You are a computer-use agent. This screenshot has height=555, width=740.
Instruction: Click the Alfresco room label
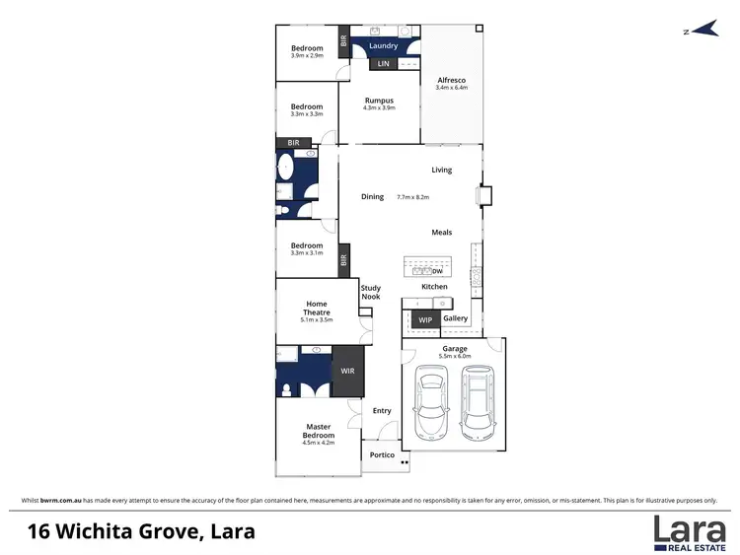[451, 79]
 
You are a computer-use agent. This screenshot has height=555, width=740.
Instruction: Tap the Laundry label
[383, 45]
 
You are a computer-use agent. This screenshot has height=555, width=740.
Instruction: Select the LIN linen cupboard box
[384, 64]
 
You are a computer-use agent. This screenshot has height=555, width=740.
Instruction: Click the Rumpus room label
[379, 100]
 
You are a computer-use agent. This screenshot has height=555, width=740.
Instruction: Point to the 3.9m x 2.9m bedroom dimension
[307, 55]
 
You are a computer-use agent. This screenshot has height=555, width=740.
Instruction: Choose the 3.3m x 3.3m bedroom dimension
[307, 114]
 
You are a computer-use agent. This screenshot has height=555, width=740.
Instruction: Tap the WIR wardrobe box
[347, 371]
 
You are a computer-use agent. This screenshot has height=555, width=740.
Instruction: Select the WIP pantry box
[425, 320]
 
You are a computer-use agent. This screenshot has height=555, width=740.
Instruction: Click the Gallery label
[455, 318]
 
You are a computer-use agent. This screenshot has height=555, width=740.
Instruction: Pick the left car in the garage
[431, 404]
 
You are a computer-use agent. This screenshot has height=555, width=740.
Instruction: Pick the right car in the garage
[478, 404]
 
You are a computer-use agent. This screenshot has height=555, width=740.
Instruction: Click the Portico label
[382, 454]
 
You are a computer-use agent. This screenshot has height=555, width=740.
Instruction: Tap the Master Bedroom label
[319, 431]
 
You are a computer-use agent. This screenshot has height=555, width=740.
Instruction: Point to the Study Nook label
[370, 292]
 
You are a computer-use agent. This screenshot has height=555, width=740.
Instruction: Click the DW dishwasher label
[437, 271]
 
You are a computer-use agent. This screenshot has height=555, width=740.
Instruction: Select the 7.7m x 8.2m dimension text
[413, 197]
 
